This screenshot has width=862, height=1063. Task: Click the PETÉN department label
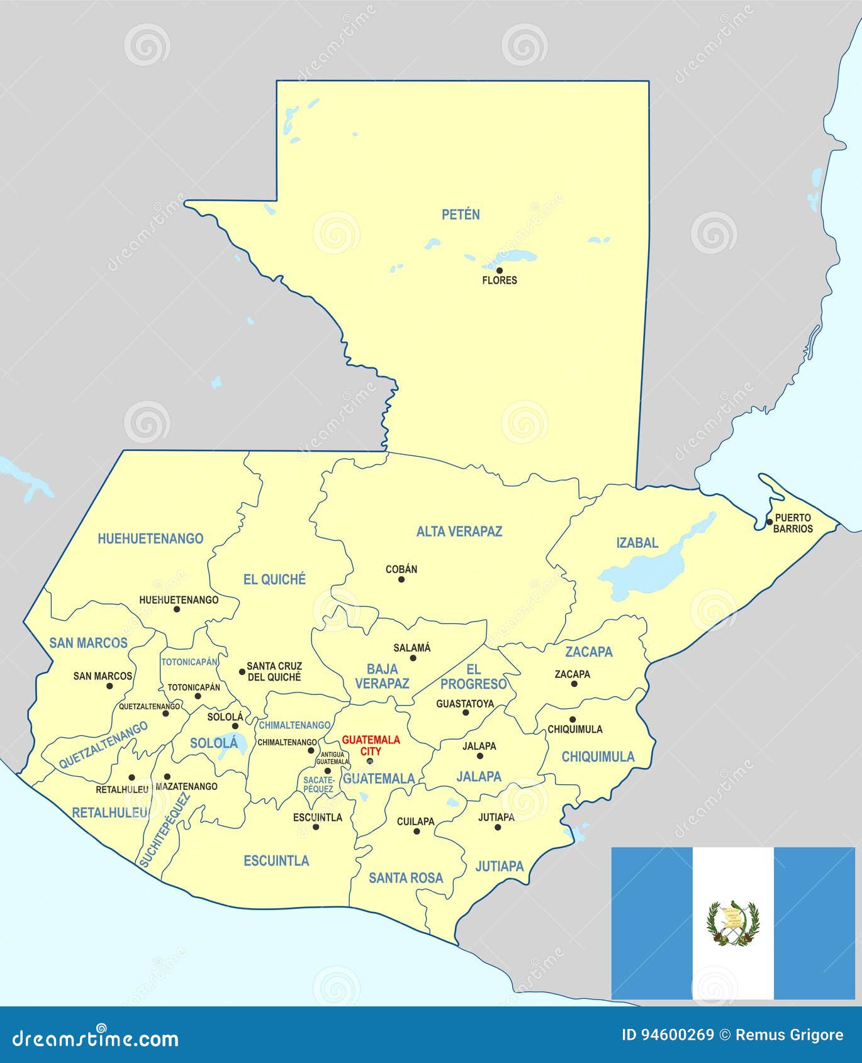(461, 214)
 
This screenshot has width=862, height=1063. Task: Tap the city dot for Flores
(500, 270)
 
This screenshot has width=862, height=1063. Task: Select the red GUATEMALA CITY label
(371, 745)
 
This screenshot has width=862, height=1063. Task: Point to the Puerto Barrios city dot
(769, 521)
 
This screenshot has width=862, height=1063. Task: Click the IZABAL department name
(637, 542)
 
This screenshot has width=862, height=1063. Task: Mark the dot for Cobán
(401, 579)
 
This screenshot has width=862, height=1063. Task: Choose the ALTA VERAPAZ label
(459, 531)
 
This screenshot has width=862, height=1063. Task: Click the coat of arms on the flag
(733, 923)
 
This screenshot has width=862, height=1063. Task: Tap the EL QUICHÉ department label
(274, 579)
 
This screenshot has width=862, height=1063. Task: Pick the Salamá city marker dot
(413, 658)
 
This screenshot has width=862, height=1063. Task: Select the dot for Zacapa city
(574, 684)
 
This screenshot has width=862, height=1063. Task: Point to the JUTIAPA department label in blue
(500, 866)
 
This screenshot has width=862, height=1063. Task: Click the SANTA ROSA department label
(406, 877)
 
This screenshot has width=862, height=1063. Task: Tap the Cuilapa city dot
(417, 831)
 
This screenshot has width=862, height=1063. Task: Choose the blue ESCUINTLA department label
(276, 860)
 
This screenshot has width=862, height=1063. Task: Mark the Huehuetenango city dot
(177, 609)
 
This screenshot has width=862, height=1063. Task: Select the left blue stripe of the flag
(651, 923)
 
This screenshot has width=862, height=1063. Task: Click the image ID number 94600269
(668, 1035)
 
